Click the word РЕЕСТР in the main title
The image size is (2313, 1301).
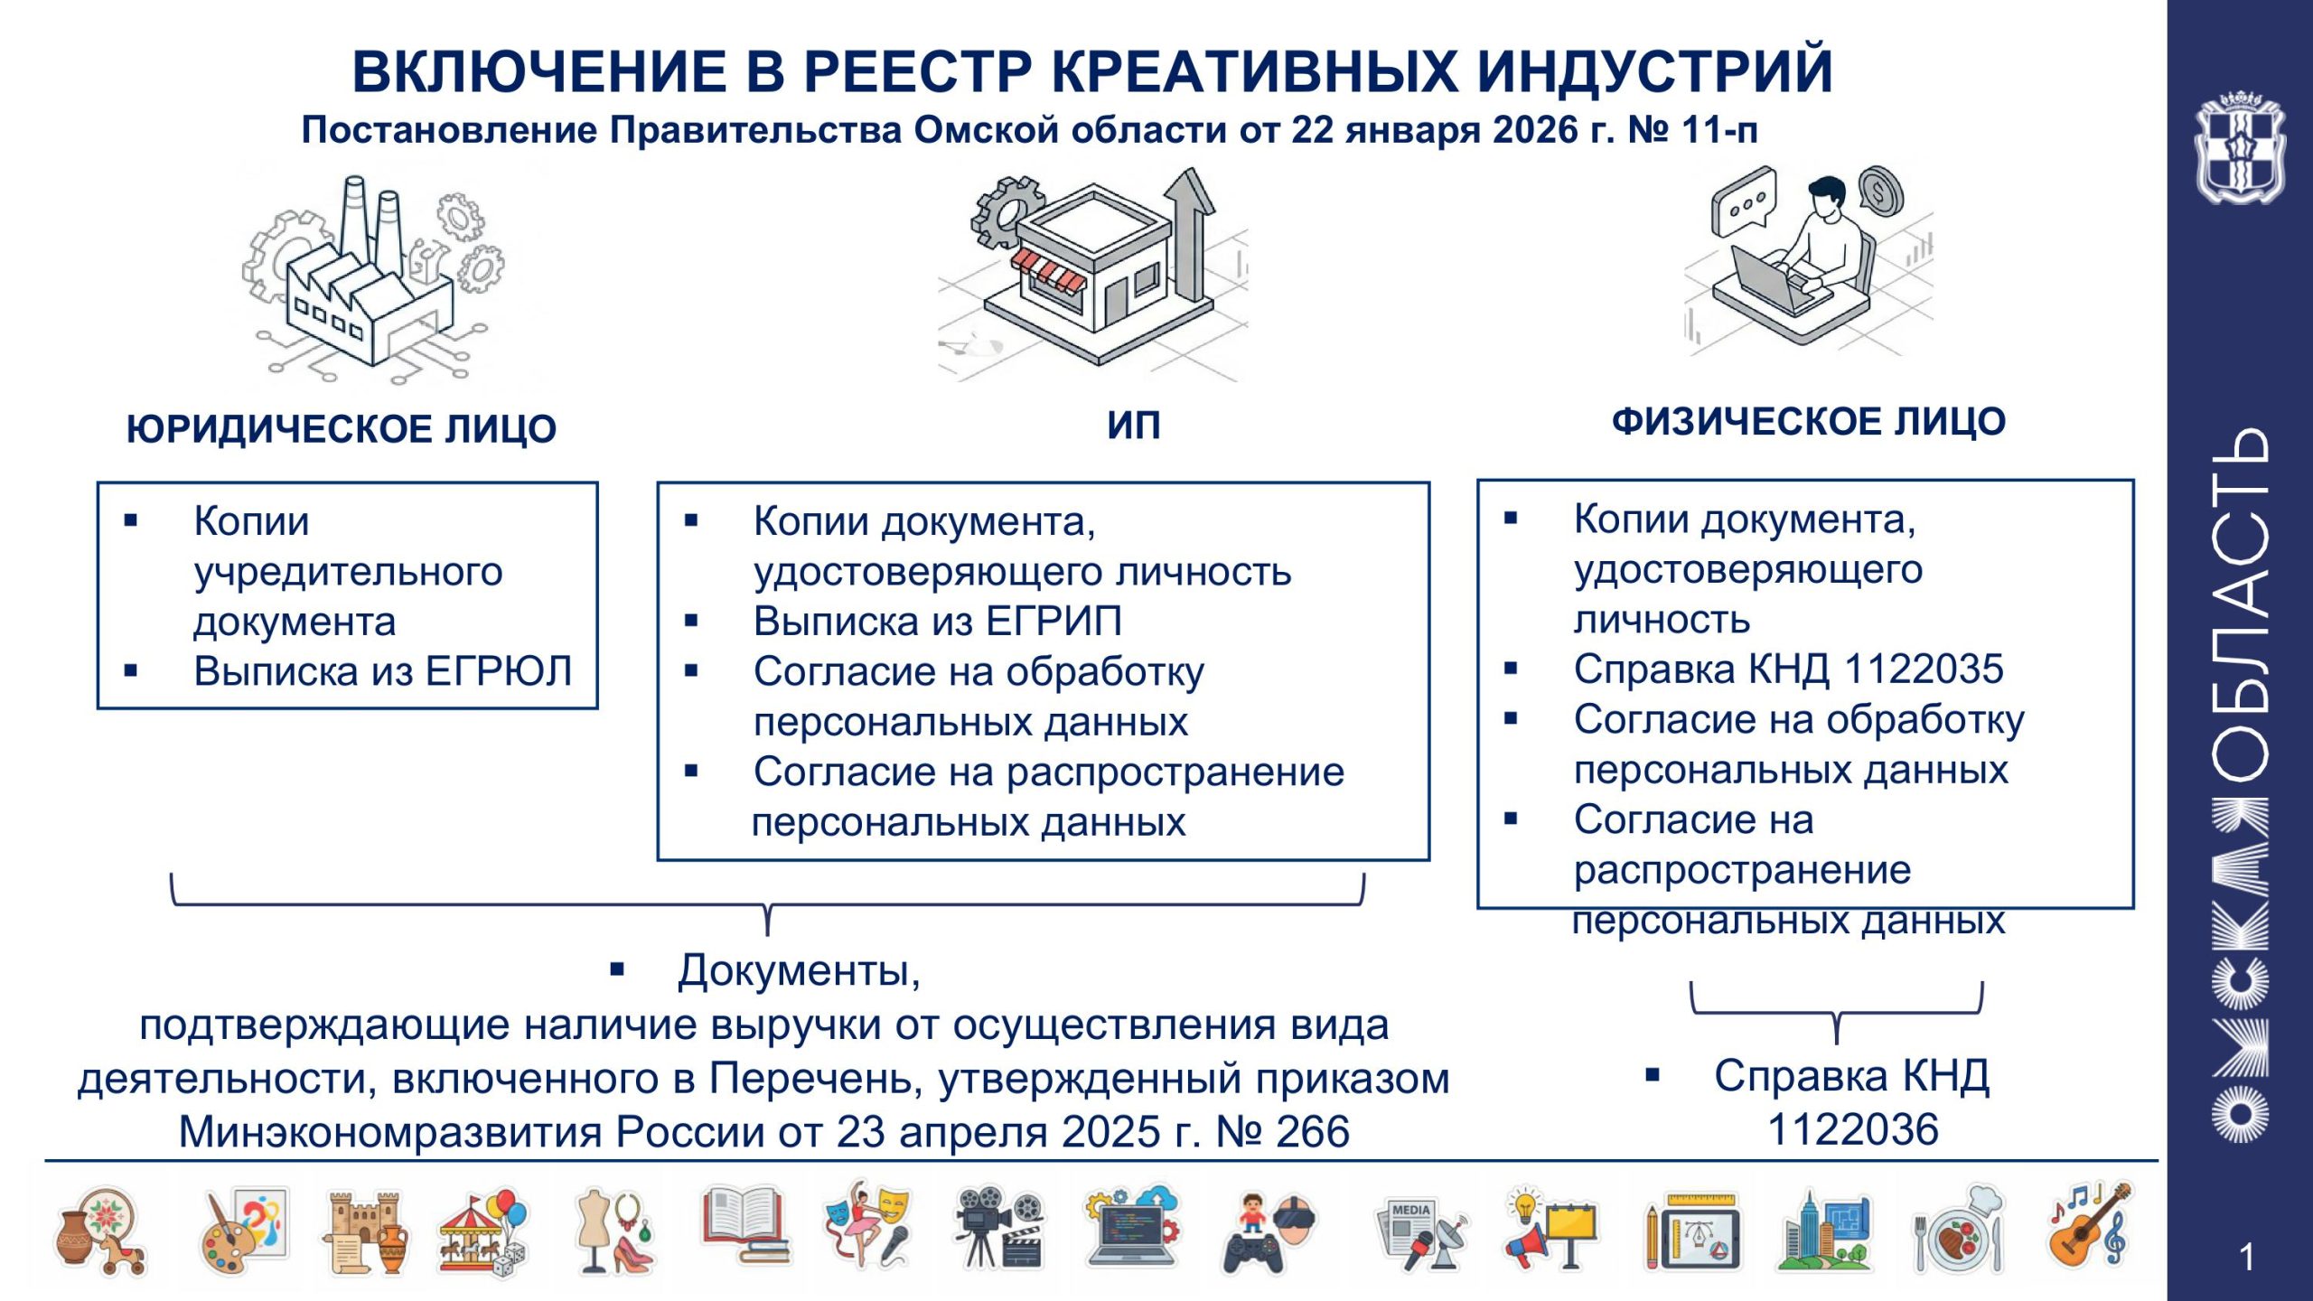pyautogui.click(x=917, y=70)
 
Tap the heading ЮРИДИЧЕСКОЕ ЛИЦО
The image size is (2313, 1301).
pyautogui.click(x=342, y=428)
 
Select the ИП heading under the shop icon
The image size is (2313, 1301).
pyautogui.click(x=1134, y=425)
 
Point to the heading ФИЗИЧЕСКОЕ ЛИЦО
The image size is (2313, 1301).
pyautogui.click(x=1809, y=422)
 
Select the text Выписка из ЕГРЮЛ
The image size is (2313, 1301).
pyautogui.click(x=383, y=671)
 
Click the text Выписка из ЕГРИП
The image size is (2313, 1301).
pyautogui.click(x=938, y=622)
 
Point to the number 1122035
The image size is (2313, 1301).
pyautogui.click(x=1924, y=669)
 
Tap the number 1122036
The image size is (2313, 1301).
pyautogui.click(x=1853, y=1130)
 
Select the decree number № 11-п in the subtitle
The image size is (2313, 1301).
pyautogui.click(x=1693, y=130)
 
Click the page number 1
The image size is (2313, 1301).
pyautogui.click(x=2247, y=1258)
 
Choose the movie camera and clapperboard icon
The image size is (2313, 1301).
pyautogui.click(x=999, y=1227)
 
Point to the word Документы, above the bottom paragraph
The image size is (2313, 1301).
pyautogui.click(x=800, y=970)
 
